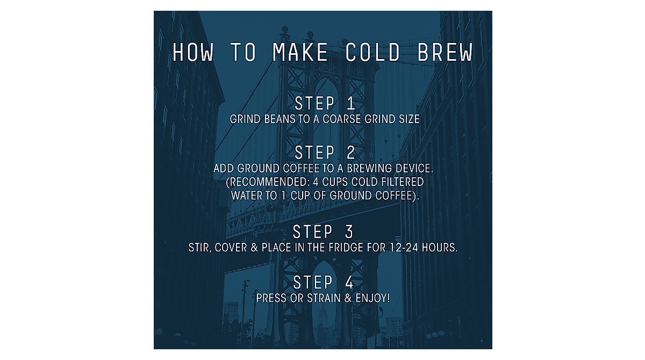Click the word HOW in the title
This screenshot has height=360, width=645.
(193, 53)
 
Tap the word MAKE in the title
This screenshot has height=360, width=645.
(300, 53)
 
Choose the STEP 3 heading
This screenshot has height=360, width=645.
(323, 232)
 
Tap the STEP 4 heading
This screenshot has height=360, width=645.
(323, 282)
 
